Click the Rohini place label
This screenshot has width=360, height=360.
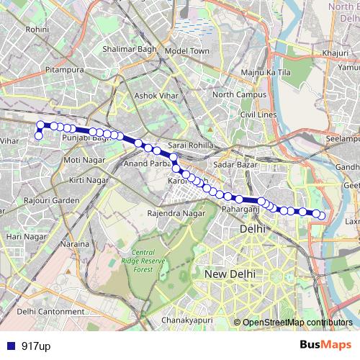pyautogui.click(x=36, y=30)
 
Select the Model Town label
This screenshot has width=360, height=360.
pyautogui.click(x=186, y=51)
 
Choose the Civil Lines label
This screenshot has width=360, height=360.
pyautogui.click(x=258, y=114)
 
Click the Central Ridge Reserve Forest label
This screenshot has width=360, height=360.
pyautogui.click(x=138, y=261)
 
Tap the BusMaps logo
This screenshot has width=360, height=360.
pyautogui.click(x=326, y=346)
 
